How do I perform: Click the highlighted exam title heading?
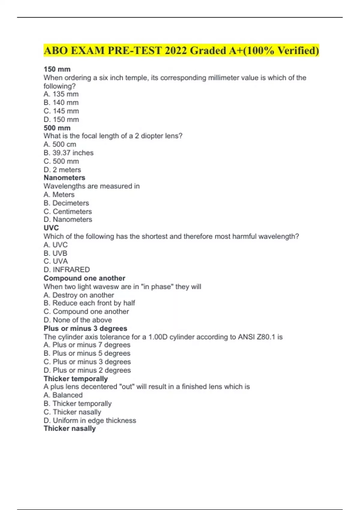tap(181, 50)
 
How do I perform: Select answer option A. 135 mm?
tap(61, 94)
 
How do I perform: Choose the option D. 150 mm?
tap(61, 119)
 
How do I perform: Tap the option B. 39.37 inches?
tap(68, 153)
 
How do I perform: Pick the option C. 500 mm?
tap(61, 161)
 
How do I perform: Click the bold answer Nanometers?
tap(64, 178)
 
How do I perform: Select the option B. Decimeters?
tap(66, 203)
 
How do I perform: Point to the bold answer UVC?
tap(51, 228)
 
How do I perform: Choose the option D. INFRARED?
tap(67, 269)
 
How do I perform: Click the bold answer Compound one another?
tap(84, 278)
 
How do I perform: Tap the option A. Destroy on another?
tap(79, 295)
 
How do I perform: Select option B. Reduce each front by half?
tap(89, 303)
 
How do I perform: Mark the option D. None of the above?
tap(78, 320)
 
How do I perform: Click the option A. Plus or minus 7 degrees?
tap(87, 345)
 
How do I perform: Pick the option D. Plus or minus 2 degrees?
tap(87, 370)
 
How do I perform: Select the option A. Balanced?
tap(63, 395)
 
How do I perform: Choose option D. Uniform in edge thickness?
tap(90, 420)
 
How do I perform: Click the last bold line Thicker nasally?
tap(70, 428)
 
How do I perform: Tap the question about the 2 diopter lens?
tap(113, 136)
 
